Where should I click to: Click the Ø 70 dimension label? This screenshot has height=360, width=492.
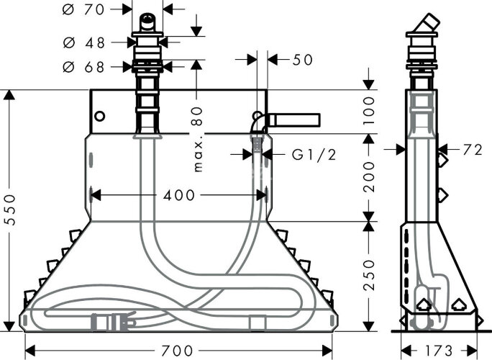point(83,10)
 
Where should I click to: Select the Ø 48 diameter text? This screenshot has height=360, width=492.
point(83,42)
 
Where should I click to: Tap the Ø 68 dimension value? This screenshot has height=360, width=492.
point(83,67)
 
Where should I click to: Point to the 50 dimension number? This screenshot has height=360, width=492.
point(303,60)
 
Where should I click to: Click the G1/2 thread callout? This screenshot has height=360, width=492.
point(314,154)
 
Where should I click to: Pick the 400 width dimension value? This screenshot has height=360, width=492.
point(179,195)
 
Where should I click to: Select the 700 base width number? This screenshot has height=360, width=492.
point(177,350)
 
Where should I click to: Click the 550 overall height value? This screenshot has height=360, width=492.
point(11,210)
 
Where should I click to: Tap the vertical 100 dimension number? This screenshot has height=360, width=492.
point(369,111)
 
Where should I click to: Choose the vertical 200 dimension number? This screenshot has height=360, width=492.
point(369,177)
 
